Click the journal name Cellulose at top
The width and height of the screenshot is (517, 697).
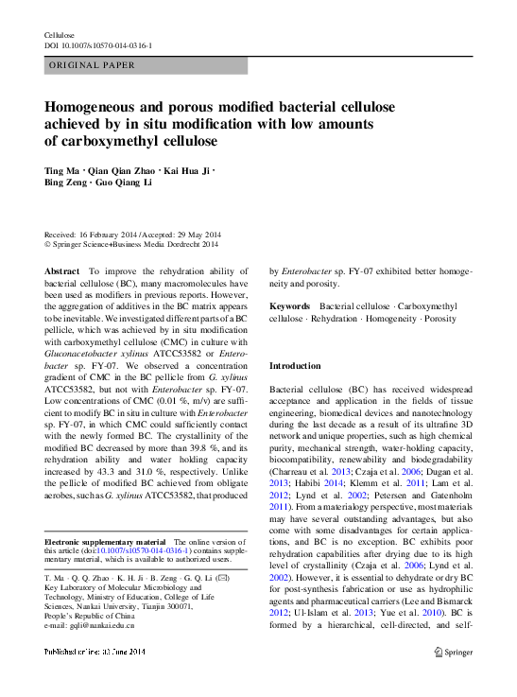(60, 35)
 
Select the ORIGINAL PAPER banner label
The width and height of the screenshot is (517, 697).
(91, 65)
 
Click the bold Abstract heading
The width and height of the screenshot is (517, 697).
(62, 270)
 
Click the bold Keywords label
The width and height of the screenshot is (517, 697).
(289, 306)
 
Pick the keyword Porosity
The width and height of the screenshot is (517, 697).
(439, 319)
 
